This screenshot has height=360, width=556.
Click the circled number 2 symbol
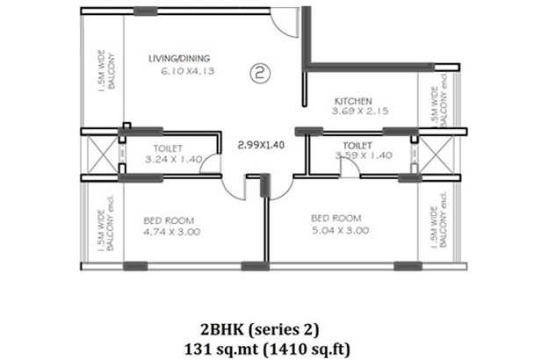click(x=260, y=74)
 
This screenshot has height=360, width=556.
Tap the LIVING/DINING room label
click(x=179, y=59)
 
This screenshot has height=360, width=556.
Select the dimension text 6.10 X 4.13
click(x=188, y=71)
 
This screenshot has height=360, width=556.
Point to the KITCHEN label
click(x=353, y=101)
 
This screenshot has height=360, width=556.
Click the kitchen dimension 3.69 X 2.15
click(x=360, y=111)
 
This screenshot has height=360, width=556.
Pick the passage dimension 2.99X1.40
click(x=261, y=145)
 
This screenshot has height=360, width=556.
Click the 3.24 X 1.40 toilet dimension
click(x=174, y=160)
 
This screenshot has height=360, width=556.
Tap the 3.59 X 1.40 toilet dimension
click(x=364, y=155)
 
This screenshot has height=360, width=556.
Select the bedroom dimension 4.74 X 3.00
click(x=172, y=232)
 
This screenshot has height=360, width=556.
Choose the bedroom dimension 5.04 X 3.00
click(x=341, y=230)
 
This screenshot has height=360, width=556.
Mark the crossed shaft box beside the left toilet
click(x=103, y=155)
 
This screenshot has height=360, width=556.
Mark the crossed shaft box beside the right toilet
click(x=436, y=155)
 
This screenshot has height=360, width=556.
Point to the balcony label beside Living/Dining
click(x=106, y=71)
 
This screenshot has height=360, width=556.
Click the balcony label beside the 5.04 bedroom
click(x=439, y=220)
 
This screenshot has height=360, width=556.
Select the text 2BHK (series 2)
click(x=260, y=330)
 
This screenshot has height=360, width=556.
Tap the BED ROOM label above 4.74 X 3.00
click(x=169, y=220)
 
